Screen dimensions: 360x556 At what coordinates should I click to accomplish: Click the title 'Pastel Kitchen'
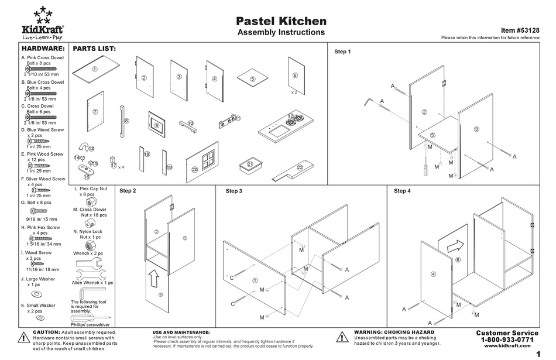coord(280,21)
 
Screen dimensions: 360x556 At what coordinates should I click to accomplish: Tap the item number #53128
coord(520,30)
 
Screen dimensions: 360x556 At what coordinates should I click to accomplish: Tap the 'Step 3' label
coord(234,191)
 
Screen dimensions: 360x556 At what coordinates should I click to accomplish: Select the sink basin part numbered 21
coord(250,166)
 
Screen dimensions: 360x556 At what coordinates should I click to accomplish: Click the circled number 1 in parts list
coord(94,68)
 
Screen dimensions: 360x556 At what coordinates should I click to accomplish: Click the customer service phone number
coord(507,340)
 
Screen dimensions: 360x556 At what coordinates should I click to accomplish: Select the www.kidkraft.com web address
coord(507,347)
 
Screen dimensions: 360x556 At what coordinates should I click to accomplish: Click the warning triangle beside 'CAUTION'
coord(23,337)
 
